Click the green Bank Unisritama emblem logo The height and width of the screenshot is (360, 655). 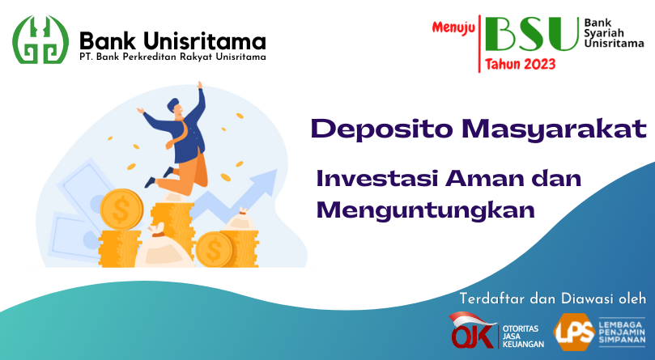40,40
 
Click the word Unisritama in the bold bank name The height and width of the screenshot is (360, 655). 205,41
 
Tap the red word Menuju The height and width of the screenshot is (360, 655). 453,28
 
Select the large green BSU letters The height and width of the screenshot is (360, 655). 532,34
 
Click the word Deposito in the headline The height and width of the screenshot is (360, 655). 382,129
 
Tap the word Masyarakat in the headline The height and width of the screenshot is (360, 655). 555,129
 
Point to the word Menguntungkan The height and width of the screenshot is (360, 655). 426,210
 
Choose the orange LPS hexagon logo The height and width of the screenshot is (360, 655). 574,332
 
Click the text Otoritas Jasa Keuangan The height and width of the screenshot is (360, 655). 523,337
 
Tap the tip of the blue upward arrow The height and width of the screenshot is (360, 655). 276,170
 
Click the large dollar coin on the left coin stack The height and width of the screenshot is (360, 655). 121,210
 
